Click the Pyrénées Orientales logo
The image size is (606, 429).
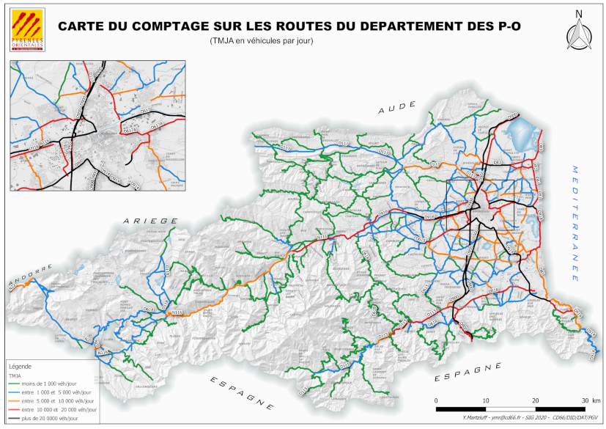pyautogui.click(x=29, y=30)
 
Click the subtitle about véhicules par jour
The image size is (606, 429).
pyautogui.click(x=262, y=40)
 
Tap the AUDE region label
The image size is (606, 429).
pyautogui.click(x=396, y=109)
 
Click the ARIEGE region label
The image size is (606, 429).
pyautogui.click(x=150, y=221)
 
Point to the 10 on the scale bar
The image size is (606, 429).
pyautogui.click(x=486, y=400)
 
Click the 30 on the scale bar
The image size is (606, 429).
pyautogui.click(x=584, y=400)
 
